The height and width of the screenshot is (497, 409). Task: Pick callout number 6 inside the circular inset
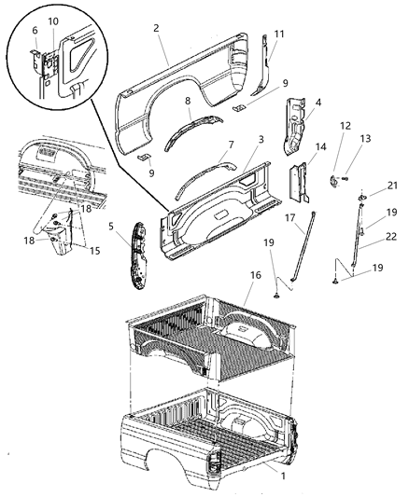click(x=35, y=30)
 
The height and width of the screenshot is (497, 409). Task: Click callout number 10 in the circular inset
click(x=52, y=21)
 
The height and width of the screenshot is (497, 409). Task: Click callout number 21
click(x=392, y=186)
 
